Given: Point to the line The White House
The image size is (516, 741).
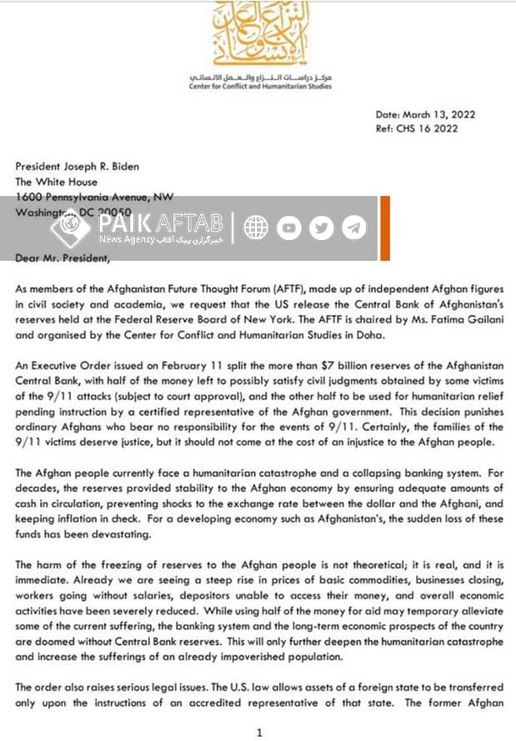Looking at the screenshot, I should (x=57, y=181).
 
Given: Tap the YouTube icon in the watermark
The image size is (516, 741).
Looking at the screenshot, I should (x=288, y=227).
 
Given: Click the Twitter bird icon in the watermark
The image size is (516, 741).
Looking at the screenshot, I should (x=321, y=227).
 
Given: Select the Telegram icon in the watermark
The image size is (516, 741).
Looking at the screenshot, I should (x=353, y=227).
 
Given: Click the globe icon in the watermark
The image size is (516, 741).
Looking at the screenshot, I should (x=255, y=227).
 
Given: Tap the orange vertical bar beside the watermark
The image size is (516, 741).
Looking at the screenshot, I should (x=384, y=228).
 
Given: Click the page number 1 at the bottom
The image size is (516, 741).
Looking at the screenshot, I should (x=259, y=733).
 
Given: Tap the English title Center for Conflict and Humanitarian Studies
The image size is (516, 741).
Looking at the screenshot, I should (x=259, y=86).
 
